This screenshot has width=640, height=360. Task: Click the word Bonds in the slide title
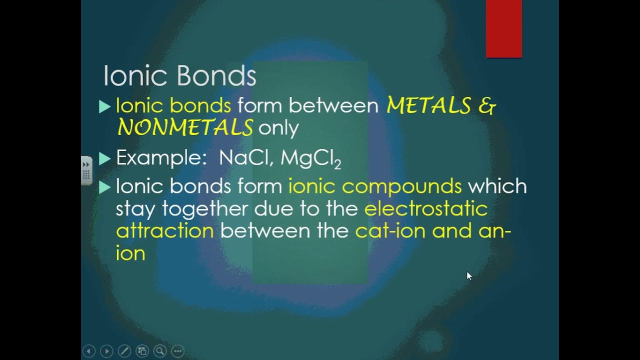pos(216,76)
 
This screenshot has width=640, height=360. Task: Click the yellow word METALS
pos(428,105)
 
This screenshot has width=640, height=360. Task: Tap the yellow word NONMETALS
pos(185,128)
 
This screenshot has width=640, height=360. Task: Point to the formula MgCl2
pos(310,159)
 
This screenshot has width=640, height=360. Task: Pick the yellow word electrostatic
pos(425,208)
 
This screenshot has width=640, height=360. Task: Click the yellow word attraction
pos(164,230)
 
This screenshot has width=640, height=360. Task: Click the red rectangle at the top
pos(504,28)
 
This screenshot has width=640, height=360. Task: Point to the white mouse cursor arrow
pos(469,275)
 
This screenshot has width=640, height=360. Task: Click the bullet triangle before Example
pos(104,158)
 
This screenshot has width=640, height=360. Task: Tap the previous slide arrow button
pos(88,351)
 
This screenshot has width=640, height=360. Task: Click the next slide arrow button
pos(106,351)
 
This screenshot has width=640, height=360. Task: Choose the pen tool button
pos(124,351)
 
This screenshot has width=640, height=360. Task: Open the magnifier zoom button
pos(160,351)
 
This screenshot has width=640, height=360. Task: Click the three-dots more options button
pos(178,351)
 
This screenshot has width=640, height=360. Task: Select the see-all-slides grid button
pos(142,351)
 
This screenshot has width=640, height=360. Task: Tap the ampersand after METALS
pos(487,105)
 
